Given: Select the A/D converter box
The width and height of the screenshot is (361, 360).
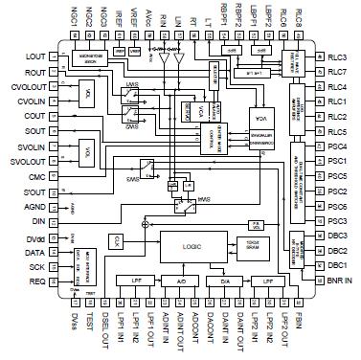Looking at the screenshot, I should (x=180, y=281).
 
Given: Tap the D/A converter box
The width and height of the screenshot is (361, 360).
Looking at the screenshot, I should (x=225, y=281).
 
